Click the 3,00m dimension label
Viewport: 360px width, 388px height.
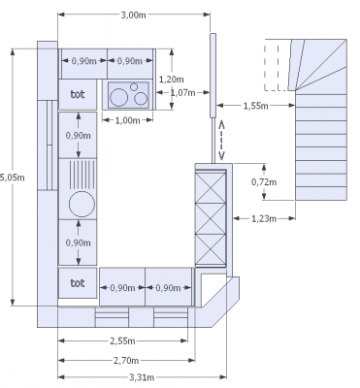133,15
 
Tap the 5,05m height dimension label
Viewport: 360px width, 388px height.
13,178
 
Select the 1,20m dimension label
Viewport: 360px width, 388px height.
172,80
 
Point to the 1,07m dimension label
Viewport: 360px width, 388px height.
182,93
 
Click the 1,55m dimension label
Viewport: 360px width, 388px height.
255,106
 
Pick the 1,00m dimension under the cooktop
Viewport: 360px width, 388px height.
127,120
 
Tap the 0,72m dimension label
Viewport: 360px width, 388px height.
264,182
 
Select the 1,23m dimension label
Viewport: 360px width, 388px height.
264,219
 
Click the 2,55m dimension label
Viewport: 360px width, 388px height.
122,340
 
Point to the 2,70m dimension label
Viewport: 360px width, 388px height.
126,360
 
